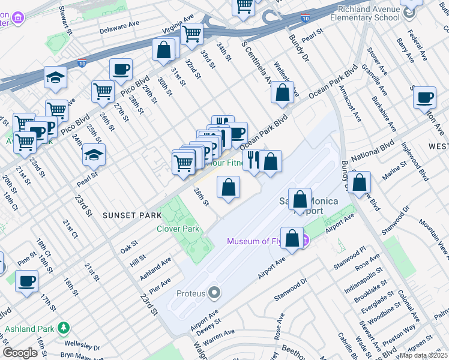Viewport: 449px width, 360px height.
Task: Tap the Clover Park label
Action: [x=178, y=229]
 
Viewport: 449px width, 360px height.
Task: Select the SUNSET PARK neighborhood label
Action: [x=131, y=215]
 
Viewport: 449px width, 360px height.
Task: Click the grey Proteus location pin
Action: [x=214, y=293]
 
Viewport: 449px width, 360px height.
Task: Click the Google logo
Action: [x=20, y=353]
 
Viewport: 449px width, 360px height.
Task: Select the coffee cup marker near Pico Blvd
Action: [x=121, y=70]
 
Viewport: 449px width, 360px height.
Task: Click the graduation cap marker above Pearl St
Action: [x=94, y=155]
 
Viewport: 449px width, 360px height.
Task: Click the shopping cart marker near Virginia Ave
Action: [x=191, y=34]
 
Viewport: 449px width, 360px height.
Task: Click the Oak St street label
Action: [x=129, y=245]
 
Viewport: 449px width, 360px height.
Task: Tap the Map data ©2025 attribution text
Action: [x=424, y=355]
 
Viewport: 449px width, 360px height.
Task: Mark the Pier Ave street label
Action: [x=160, y=284]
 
